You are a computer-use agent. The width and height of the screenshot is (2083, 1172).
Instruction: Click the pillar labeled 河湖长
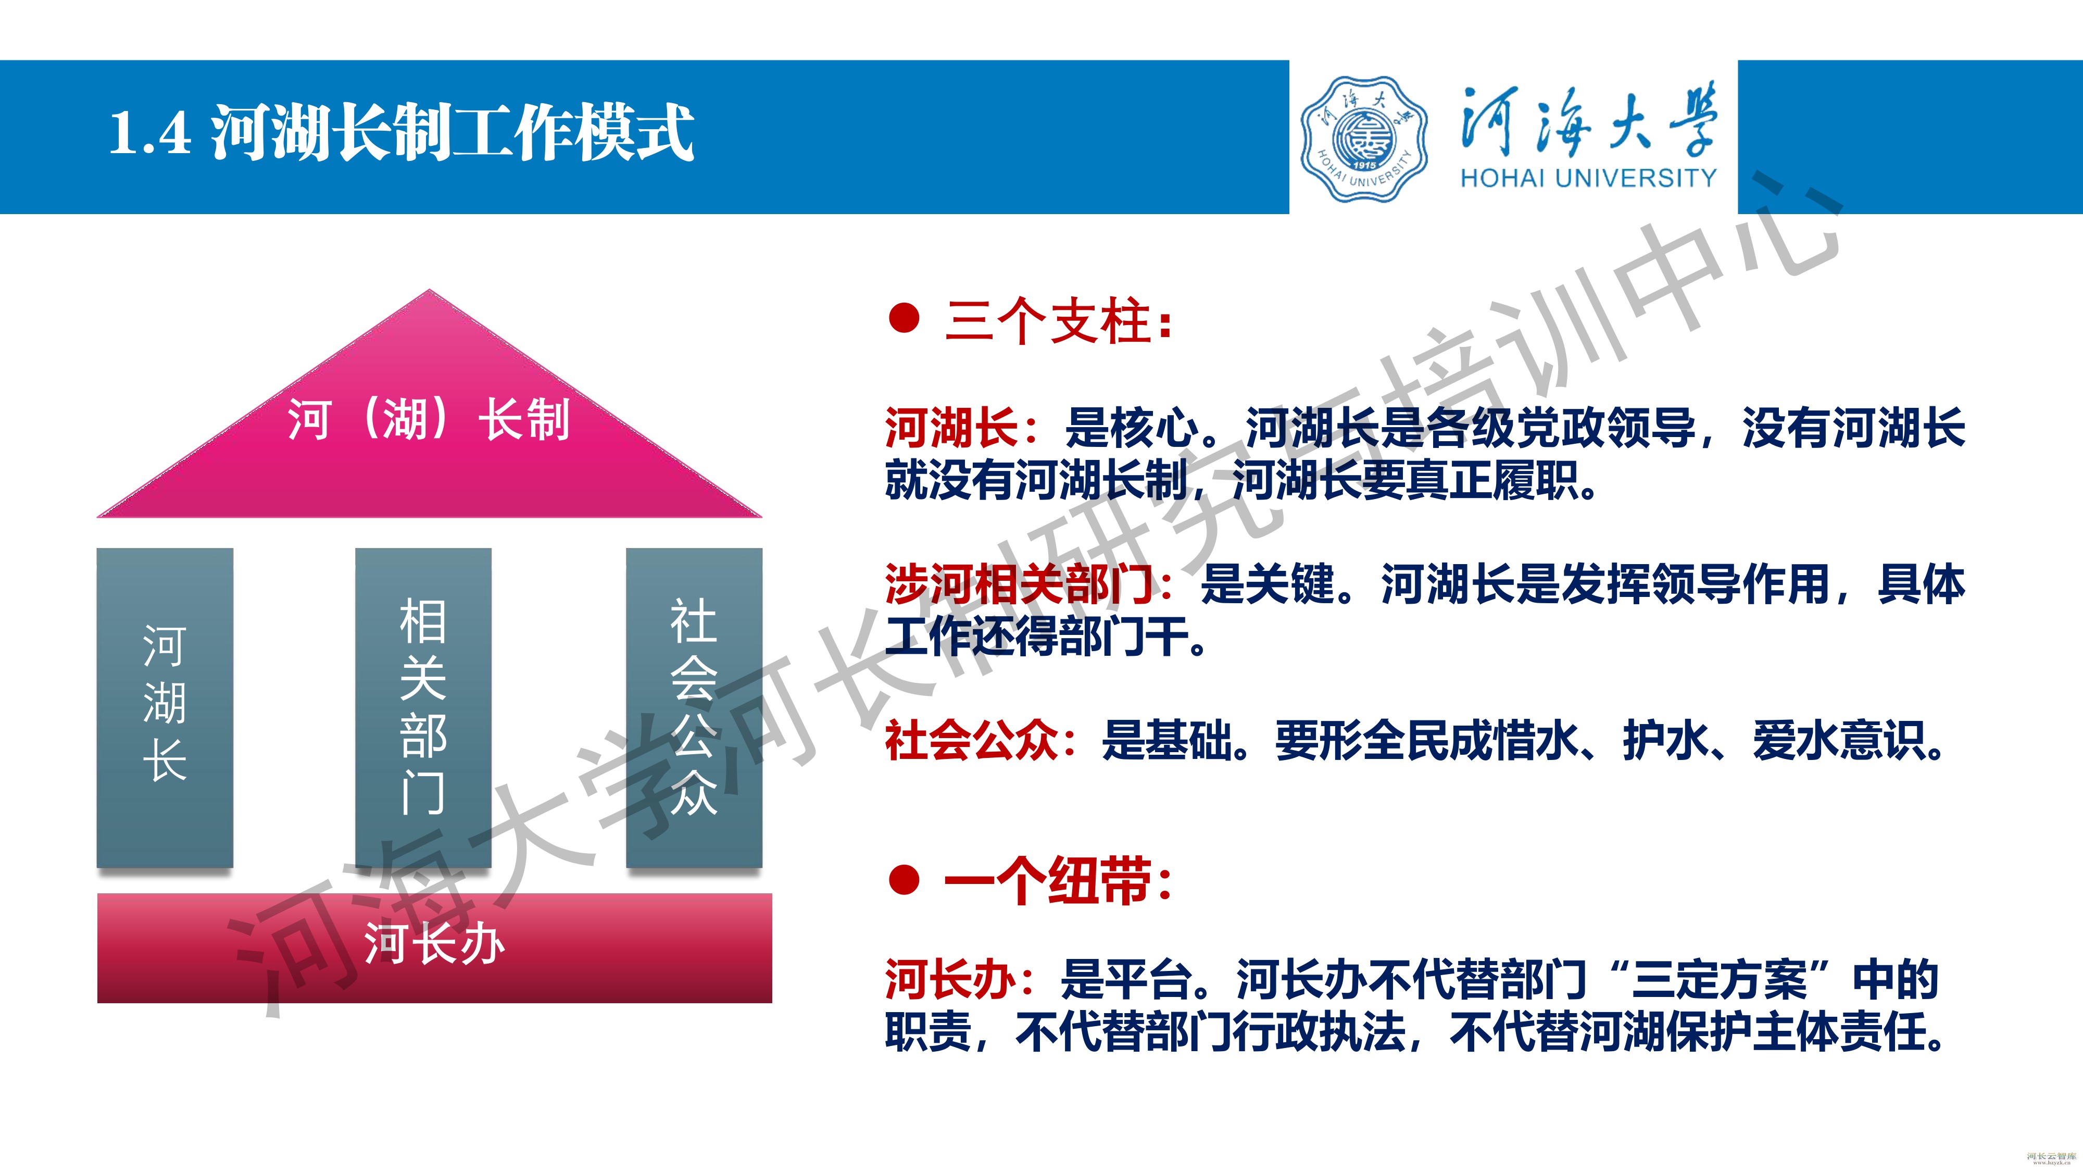165,708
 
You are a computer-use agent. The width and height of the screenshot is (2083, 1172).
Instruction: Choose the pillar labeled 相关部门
423,708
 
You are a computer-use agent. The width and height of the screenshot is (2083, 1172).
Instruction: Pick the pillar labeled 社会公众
694,708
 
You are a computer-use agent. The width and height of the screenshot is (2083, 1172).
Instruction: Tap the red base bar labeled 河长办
434,948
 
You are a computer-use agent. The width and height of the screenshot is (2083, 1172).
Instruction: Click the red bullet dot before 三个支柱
904,318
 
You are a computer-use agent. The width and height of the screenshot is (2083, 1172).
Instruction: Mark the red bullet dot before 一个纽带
904,880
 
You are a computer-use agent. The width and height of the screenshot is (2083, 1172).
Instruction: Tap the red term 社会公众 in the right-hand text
971,740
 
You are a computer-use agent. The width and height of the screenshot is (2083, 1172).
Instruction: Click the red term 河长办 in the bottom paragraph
950,979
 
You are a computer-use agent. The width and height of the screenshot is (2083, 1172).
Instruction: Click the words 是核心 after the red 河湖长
1132,428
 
